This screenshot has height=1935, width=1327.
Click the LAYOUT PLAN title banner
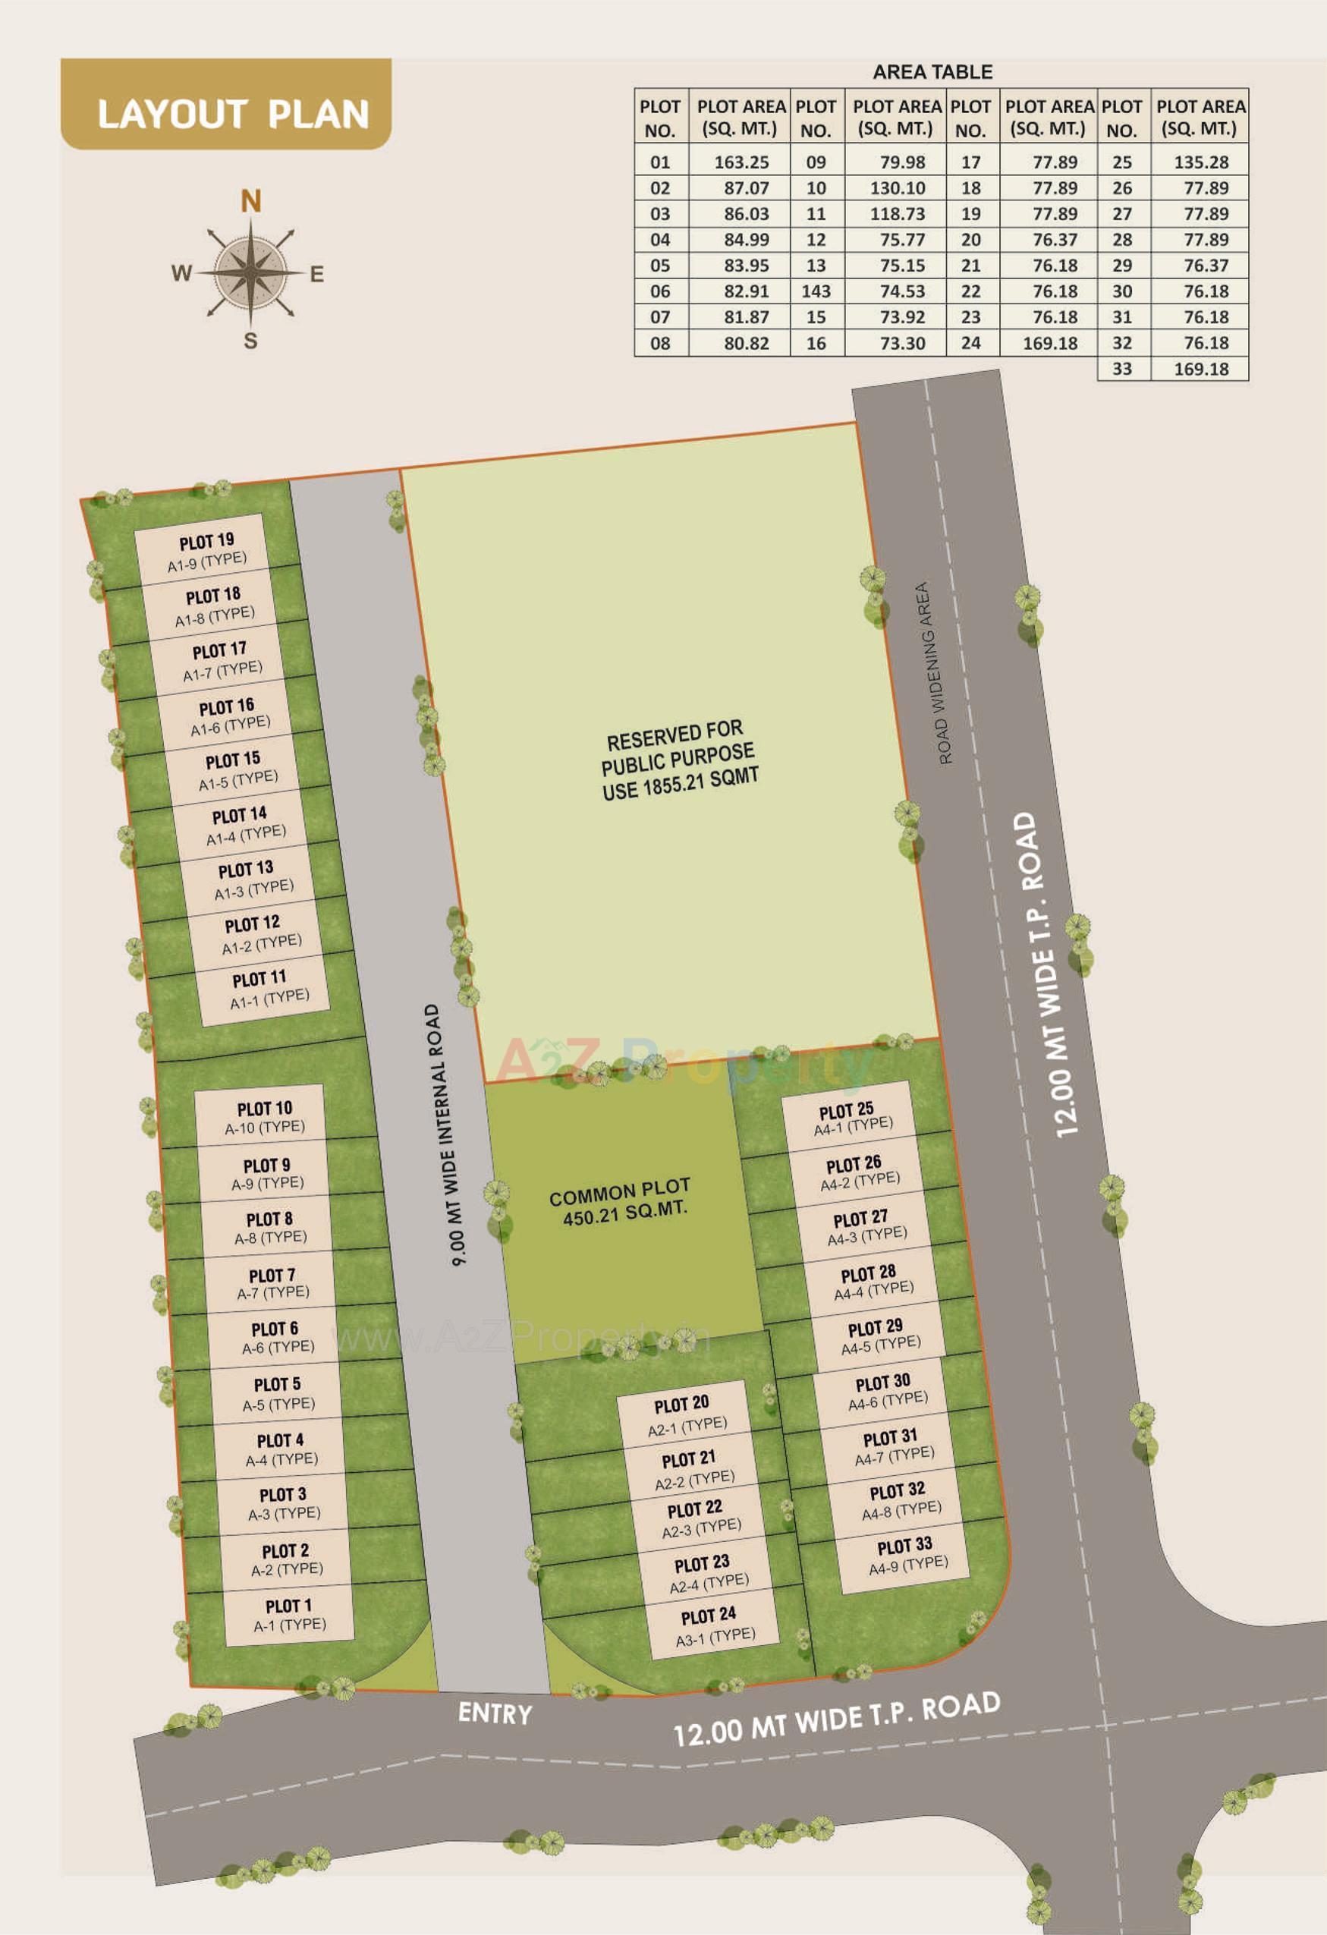coord(225,105)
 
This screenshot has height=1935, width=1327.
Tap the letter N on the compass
coord(250,202)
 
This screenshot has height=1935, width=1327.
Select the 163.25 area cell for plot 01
coord(741,162)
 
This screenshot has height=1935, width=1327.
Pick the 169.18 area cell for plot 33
coord(1200,369)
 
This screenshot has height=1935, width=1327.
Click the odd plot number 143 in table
coord(816,291)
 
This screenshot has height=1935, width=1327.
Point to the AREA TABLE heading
coord(932,72)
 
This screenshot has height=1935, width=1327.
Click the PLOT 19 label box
coord(206,551)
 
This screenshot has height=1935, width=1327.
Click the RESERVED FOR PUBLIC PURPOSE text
coord(679,760)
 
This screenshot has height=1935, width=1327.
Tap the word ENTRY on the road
coord(495,1713)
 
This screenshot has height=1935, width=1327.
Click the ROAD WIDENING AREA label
coord(933,673)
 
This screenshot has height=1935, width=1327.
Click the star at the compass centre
coord(250,272)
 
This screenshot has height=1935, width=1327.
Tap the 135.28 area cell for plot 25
coord(1200,162)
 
